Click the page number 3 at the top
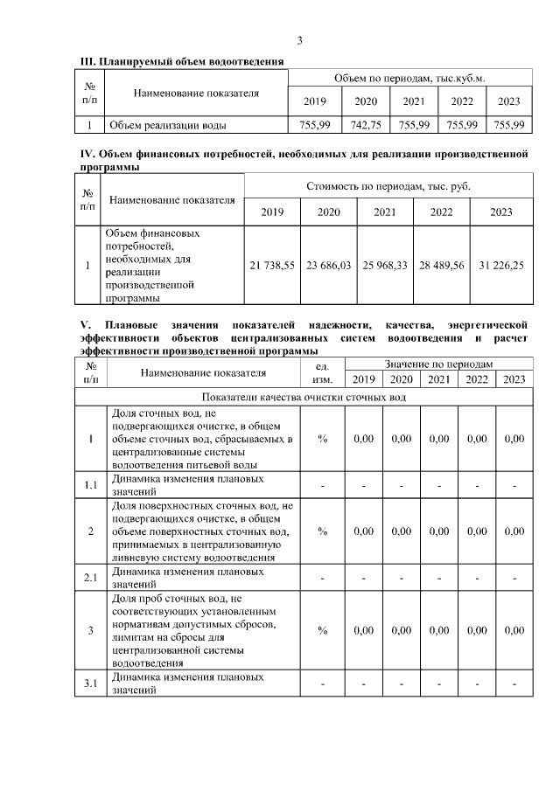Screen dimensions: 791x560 tap(299, 41)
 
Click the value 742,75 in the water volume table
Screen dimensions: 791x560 tap(365, 126)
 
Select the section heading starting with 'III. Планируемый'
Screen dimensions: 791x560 tap(181, 61)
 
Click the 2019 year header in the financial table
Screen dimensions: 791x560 tap(272, 212)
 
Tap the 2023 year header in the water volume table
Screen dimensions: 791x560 tap(508, 102)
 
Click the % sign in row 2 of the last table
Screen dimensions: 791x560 tap(322, 531)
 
